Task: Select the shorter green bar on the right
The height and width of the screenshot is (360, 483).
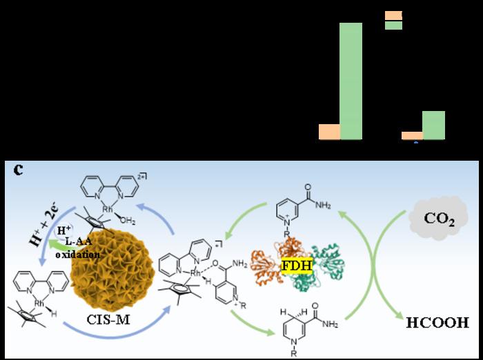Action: click(x=433, y=126)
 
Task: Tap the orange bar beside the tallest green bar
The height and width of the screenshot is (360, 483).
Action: click(x=329, y=132)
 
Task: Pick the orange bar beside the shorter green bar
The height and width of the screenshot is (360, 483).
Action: click(x=412, y=136)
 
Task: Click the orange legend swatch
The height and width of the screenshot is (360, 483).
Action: click(x=393, y=15)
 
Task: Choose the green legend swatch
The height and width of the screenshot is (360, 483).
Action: click(x=393, y=26)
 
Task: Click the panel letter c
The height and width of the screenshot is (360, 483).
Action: click(x=19, y=170)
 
